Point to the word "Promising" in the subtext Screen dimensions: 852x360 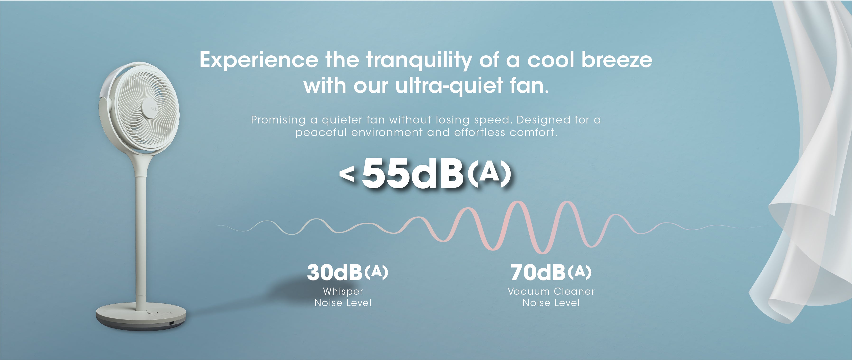pos(278,120)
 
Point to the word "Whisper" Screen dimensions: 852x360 pos(343,292)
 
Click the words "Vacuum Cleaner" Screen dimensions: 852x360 pos(551,292)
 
